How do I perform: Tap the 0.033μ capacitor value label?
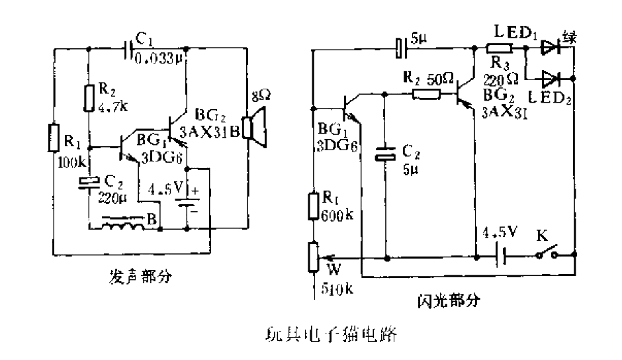[159, 59]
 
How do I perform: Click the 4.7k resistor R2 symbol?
[88, 99]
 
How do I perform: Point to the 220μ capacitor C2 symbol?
[88, 183]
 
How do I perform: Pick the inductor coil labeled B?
[123, 225]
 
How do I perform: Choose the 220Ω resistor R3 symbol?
[498, 48]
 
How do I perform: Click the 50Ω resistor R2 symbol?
[426, 95]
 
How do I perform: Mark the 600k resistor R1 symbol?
[314, 205]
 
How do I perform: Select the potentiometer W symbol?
[314, 255]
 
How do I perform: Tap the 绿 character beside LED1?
[568, 36]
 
